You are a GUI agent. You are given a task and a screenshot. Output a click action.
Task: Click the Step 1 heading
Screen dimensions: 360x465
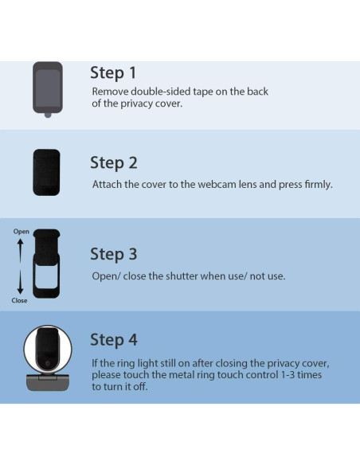pyautogui.click(x=113, y=72)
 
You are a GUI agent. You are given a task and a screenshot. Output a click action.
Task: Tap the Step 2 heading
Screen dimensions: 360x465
pyautogui.click(x=114, y=162)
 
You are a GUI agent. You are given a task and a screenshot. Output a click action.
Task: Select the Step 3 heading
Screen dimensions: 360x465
pyautogui.click(x=114, y=254)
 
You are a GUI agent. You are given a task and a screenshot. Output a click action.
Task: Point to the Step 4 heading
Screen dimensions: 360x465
pyautogui.click(x=114, y=339)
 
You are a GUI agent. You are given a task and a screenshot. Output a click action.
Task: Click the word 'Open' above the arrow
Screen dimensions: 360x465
pyautogui.click(x=21, y=232)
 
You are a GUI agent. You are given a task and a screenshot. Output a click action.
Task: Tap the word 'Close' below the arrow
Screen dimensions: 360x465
pyautogui.click(x=19, y=300)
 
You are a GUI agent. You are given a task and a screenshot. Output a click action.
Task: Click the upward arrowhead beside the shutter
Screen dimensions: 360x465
pyautogui.click(x=20, y=242)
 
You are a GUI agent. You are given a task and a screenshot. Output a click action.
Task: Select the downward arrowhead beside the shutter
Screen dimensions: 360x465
pyautogui.click(x=20, y=291)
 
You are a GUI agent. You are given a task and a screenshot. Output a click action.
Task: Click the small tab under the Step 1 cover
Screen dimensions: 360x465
pyautogui.click(x=48, y=115)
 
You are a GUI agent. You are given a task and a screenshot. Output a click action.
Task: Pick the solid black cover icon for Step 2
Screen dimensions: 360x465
pyautogui.click(x=46, y=172)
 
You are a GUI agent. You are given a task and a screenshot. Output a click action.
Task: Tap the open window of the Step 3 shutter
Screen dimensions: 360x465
pyautogui.click(x=46, y=276)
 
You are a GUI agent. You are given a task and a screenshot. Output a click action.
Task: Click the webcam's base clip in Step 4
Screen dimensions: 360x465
pyautogui.click(x=48, y=382)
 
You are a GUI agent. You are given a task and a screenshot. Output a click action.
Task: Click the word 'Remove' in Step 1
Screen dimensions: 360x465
pyautogui.click(x=110, y=92)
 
